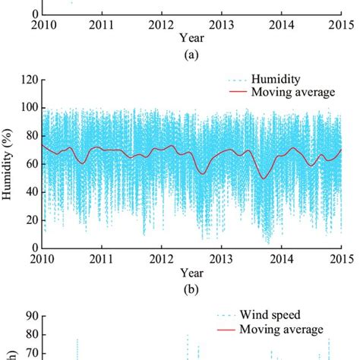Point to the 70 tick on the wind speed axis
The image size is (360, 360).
click(x=30, y=353)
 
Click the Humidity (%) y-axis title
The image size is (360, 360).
click(x=9, y=163)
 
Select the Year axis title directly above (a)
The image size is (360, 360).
click(x=187, y=36)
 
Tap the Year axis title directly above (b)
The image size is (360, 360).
click(x=187, y=271)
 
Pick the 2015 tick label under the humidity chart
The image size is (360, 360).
click(x=339, y=257)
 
